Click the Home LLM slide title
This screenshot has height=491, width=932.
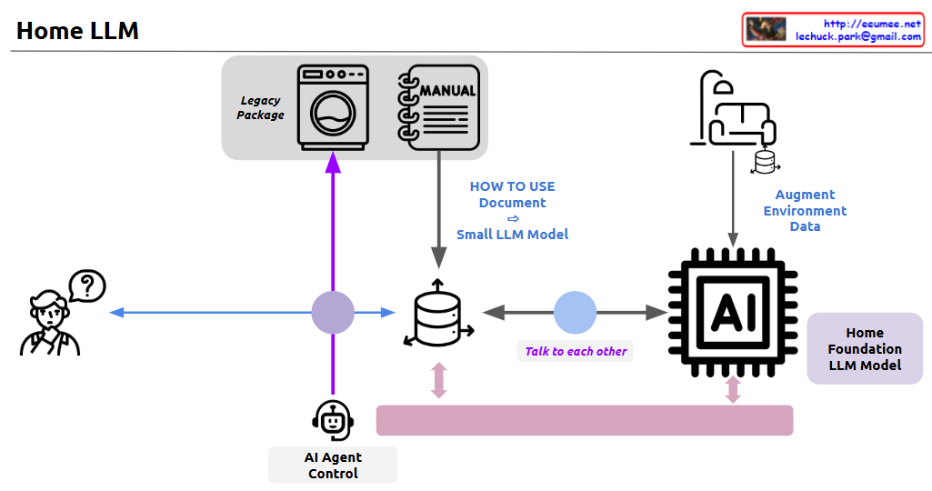coord(77,31)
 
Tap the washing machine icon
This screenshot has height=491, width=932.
coord(334,106)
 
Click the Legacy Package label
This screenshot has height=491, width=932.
coord(260,108)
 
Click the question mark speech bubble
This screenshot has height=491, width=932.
coord(87,286)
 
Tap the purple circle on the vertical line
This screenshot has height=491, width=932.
coord(333,313)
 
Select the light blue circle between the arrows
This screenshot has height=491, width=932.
coord(576,313)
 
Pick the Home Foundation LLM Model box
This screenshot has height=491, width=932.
coord(865,349)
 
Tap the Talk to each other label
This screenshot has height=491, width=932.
coord(576,351)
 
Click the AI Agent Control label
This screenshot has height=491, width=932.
coord(333,466)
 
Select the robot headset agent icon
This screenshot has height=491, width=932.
coord(333,420)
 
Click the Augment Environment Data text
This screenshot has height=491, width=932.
coord(805,211)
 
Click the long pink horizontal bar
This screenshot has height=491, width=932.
coord(585,420)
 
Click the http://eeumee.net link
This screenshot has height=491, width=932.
coord(872,24)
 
